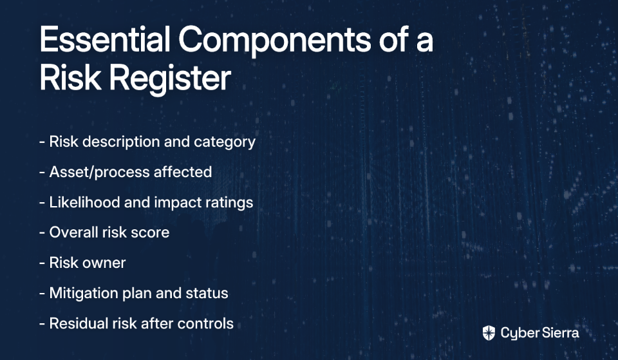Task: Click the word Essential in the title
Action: click(x=105, y=39)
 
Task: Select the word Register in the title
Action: click(x=170, y=79)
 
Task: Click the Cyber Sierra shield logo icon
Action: click(x=489, y=333)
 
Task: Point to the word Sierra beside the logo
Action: click(x=559, y=333)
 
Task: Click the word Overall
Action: click(x=73, y=232)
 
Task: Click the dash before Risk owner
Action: click(x=42, y=263)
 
